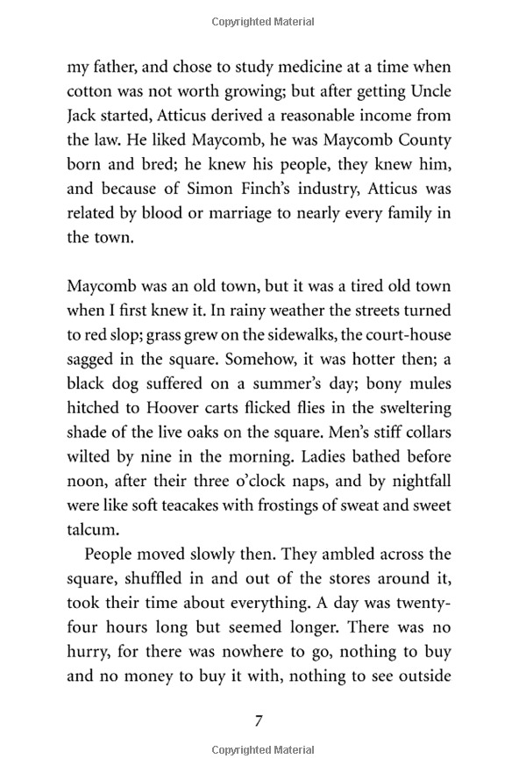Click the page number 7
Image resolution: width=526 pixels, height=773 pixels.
[259, 720]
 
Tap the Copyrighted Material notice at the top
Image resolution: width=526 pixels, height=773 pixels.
[262, 21]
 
